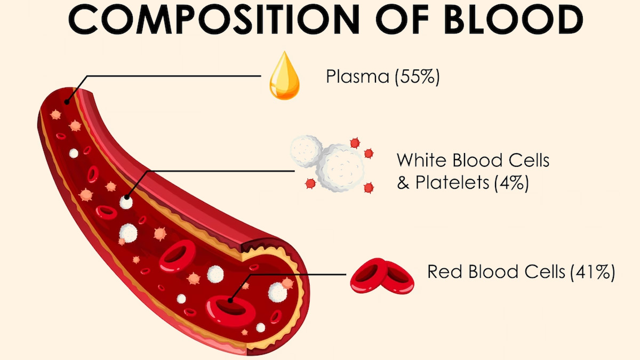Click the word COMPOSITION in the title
(214, 19)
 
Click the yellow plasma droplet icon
(284, 76)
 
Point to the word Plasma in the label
(358, 76)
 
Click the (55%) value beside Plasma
(417, 77)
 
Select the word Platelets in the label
(452, 182)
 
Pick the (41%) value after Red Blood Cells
(593, 271)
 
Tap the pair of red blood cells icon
(382, 276)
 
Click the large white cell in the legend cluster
(341, 167)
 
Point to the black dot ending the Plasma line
(67, 102)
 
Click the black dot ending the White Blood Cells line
(127, 197)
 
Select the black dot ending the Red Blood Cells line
(230, 300)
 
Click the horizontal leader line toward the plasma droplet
(174, 76)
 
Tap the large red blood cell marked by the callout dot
(231, 310)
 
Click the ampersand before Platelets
(403, 182)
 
